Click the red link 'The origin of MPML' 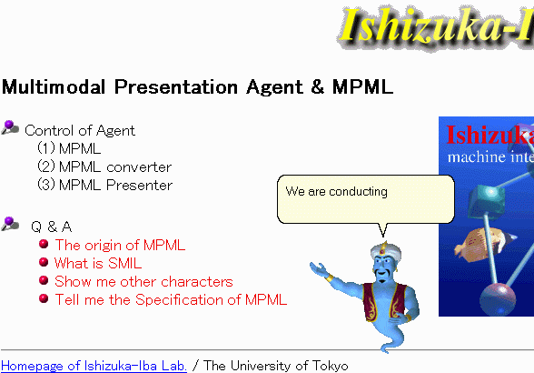[x=120, y=245]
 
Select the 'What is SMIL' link [x=98, y=263]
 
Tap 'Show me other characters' [x=143, y=281]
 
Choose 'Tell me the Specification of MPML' [x=171, y=299]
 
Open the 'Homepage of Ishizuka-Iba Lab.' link [x=94, y=366]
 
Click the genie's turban [x=385, y=250]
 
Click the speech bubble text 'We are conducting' [x=336, y=191]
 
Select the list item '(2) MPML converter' [x=104, y=166]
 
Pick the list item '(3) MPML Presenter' [x=104, y=185]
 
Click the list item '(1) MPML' [x=69, y=148]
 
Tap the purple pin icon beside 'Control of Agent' [x=10, y=127]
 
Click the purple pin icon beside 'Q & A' [x=10, y=224]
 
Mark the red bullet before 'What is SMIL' [x=44, y=262]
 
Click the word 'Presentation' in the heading [x=176, y=86]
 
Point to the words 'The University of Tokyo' [x=276, y=366]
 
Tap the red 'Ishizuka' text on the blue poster [x=489, y=135]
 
